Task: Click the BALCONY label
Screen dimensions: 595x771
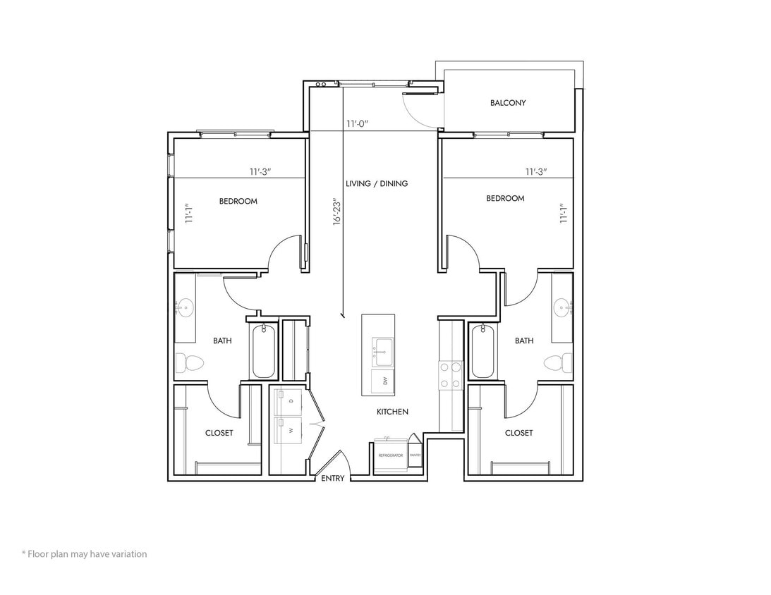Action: [x=508, y=103]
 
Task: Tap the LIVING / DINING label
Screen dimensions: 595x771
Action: [x=377, y=184]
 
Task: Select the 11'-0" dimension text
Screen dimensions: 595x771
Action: [x=358, y=124]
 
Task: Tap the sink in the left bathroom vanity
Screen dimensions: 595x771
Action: [x=186, y=307]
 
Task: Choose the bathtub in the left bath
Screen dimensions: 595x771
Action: [x=263, y=350]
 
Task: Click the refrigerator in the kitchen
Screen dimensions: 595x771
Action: [x=390, y=455]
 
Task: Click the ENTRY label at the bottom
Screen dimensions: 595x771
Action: [x=333, y=479]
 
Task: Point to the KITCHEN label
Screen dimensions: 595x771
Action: [x=392, y=412]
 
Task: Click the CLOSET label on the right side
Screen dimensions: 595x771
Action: [x=518, y=433]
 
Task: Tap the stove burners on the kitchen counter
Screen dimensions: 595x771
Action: [x=451, y=375]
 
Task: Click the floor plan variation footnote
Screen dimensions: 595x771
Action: [x=84, y=554]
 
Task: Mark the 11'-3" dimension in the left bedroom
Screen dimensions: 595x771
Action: [x=262, y=171]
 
